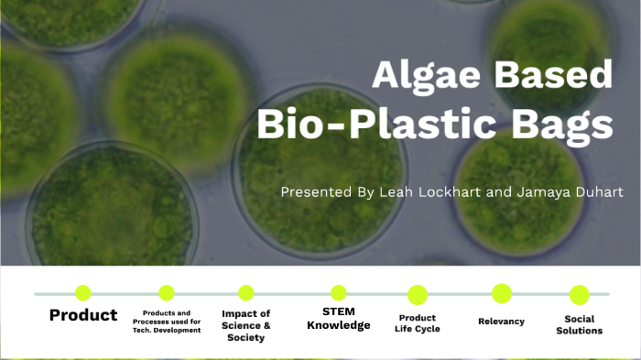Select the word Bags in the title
(x=561, y=125)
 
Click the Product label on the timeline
(x=83, y=315)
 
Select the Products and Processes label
(x=166, y=322)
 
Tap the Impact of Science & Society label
(x=246, y=325)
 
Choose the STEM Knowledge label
(x=339, y=319)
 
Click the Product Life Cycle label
(x=418, y=322)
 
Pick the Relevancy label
(x=501, y=321)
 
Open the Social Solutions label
(x=579, y=324)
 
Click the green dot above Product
(x=83, y=293)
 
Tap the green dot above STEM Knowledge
(x=339, y=293)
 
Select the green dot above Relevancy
(x=501, y=293)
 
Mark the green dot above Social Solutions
(x=579, y=294)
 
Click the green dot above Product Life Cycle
(x=418, y=294)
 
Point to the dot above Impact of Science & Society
(x=246, y=293)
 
